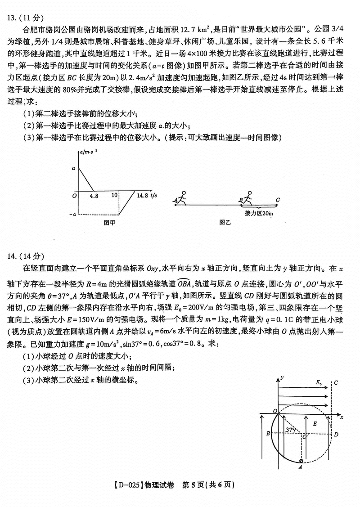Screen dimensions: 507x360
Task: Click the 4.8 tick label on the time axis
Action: click(94, 196)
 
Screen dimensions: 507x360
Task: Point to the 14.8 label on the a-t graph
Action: click(142, 196)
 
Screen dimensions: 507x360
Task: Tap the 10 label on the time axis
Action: click(115, 196)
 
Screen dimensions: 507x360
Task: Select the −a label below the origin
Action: click(73, 214)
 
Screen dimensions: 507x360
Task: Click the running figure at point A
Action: click(181, 198)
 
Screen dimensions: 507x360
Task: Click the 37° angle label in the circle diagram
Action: click(290, 430)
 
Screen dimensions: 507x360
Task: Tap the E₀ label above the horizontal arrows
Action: click(319, 383)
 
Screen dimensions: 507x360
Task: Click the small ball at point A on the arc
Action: click(301, 461)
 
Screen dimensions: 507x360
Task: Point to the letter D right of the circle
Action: click(336, 435)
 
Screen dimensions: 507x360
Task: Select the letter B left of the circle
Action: click(268, 434)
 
